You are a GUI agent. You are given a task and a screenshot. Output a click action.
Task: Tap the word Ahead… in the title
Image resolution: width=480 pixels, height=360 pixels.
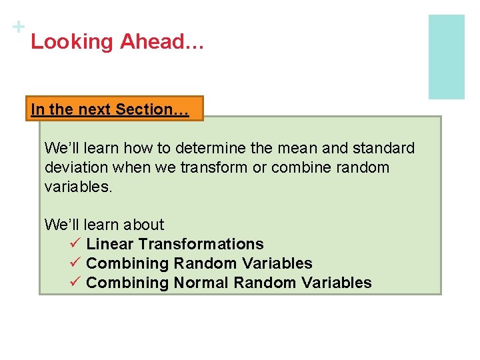pyautogui.click(x=162, y=42)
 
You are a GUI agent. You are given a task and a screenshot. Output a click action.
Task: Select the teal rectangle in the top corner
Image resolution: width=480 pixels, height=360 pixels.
pyautogui.click(x=446, y=57)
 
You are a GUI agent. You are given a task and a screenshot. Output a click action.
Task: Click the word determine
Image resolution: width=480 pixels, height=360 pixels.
pyautogui.click(x=213, y=148)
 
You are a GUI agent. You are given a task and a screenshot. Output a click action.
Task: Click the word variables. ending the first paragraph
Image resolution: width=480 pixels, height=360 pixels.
pyautogui.click(x=78, y=187)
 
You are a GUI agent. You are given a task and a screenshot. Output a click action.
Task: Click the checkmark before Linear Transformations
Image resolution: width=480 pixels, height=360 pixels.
pyautogui.click(x=75, y=244)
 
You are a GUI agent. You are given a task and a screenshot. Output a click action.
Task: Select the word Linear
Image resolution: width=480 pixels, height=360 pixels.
pyautogui.click(x=110, y=245)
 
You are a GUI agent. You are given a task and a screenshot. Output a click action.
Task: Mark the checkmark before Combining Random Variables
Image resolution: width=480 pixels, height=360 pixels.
pyautogui.click(x=75, y=263)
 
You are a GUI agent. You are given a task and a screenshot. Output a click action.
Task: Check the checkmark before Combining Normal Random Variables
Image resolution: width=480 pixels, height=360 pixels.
pyautogui.click(x=75, y=283)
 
